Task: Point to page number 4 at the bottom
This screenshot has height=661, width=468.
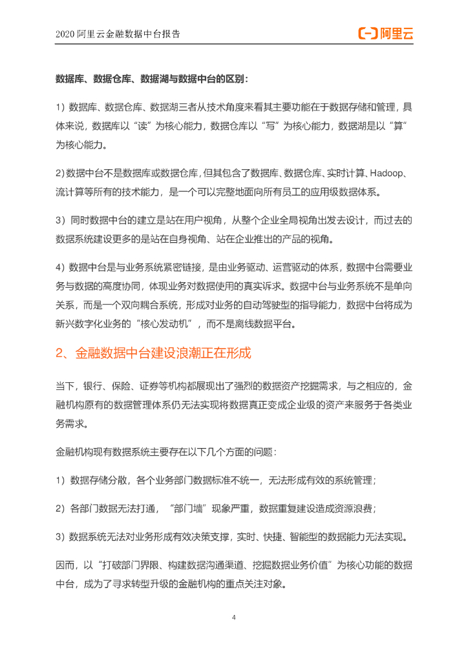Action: (x=234, y=618)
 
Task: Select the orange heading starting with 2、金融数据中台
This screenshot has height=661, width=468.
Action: (x=153, y=354)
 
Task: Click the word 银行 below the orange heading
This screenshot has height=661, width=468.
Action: (x=92, y=387)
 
